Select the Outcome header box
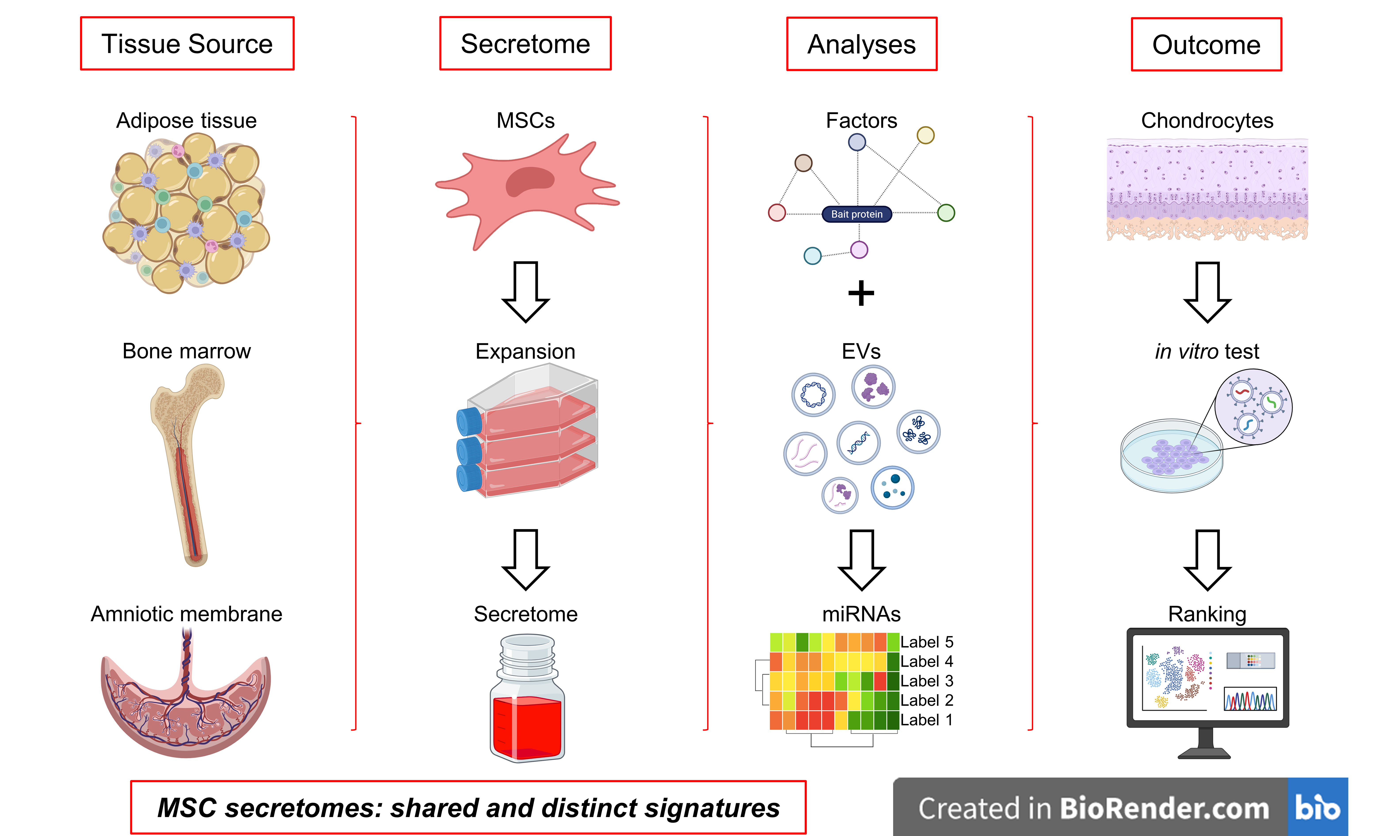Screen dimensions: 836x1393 [x=1206, y=44]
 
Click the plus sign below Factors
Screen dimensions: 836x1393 [x=861, y=293]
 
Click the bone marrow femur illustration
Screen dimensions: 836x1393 [x=189, y=462]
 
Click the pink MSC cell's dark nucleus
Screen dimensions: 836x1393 [x=529, y=181]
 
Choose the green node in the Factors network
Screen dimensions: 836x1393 [x=946, y=213]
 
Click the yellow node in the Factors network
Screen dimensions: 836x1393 [x=925, y=135]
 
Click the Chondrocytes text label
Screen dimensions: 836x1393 [x=1207, y=121]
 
